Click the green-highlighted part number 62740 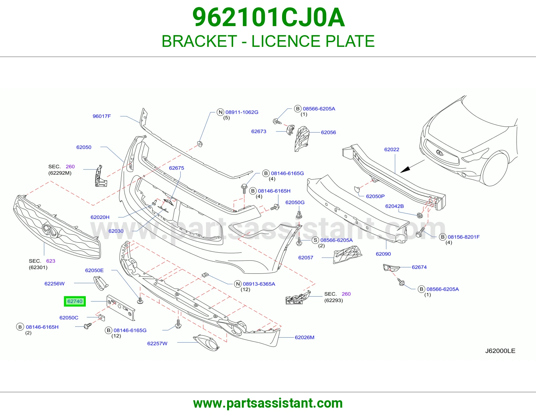point(75,301)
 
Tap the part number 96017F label point(102,116)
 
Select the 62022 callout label point(392,149)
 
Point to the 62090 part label point(383,254)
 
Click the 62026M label point(305,337)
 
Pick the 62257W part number point(157,343)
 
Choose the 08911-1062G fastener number point(242,112)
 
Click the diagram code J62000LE point(500,351)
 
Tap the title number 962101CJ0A point(268,17)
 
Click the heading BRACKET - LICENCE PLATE point(268,41)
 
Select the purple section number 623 point(51,261)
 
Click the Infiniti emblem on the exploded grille point(51,231)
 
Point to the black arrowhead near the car point(405,169)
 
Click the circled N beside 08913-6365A point(238,284)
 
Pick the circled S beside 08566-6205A point(315,240)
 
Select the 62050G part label point(295,202)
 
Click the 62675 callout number point(176,168)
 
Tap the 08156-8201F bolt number point(464,237)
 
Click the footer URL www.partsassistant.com point(268,403)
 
